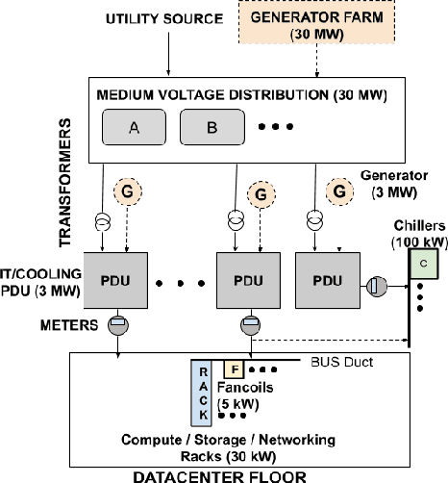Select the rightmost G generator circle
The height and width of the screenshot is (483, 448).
[338, 191]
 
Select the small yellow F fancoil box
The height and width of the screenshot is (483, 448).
[233, 369]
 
